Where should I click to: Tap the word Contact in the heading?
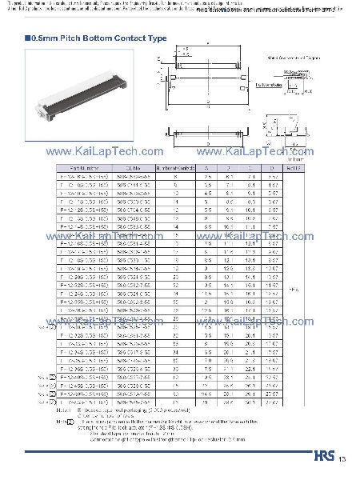click(130, 38)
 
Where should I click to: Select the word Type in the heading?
click(158, 38)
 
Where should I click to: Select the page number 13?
click(342, 459)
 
